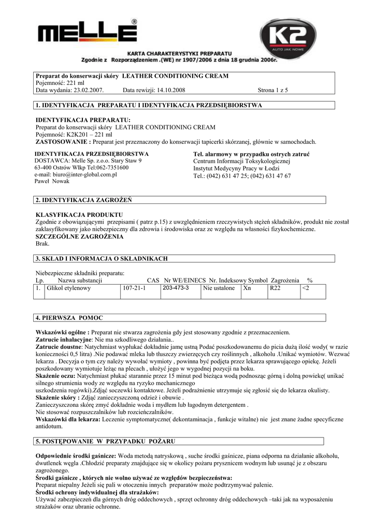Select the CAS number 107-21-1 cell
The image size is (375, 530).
[x=134, y=288]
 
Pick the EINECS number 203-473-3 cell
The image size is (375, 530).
[x=176, y=288]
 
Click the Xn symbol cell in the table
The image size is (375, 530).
[x=247, y=288]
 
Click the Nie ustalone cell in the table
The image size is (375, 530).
[x=219, y=288]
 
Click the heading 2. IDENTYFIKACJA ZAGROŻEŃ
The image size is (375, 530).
[x=83, y=200]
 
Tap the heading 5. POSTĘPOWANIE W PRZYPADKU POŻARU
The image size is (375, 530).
[x=105, y=441]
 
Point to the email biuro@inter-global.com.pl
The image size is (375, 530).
[x=76, y=175]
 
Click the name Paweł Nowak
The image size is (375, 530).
[x=52, y=182]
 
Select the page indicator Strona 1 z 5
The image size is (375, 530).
[x=273, y=91]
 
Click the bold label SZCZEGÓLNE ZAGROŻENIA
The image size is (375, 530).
[x=79, y=236]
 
